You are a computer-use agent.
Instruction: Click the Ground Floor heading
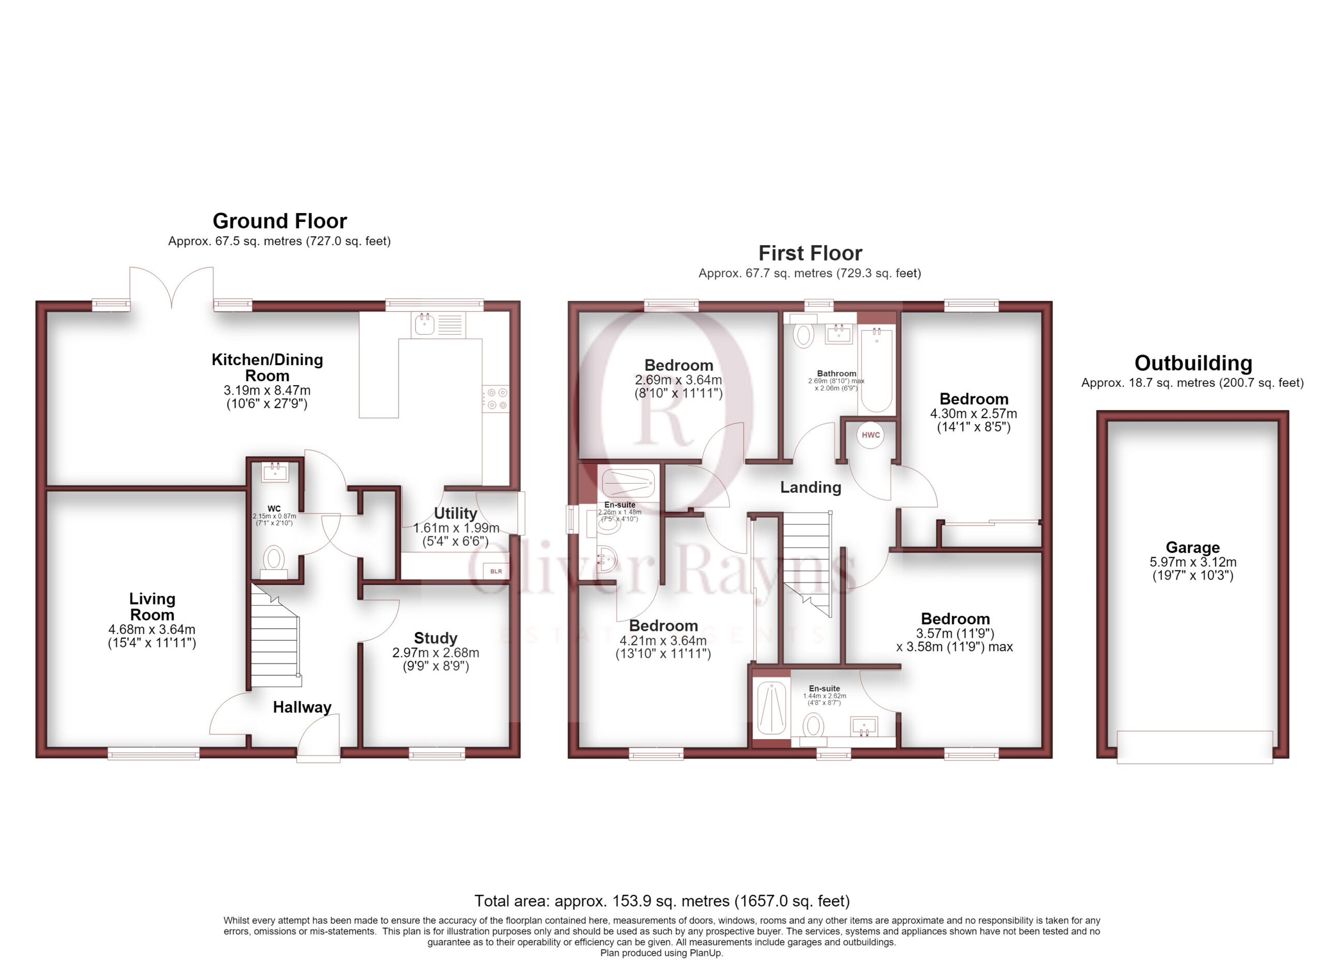pyautogui.click(x=280, y=221)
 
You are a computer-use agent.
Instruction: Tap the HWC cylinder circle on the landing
pyautogui.click(x=870, y=435)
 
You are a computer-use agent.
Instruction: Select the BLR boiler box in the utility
pyautogui.click(x=495, y=571)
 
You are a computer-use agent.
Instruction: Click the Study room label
pyautogui.click(x=435, y=638)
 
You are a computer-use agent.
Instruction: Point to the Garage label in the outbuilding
pyautogui.click(x=1193, y=548)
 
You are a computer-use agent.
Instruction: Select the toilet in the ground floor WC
pyautogui.click(x=273, y=562)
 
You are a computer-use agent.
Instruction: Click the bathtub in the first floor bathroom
pyautogui.click(x=876, y=370)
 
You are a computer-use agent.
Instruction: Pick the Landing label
pyautogui.click(x=811, y=487)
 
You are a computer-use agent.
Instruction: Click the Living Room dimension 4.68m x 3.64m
pyautogui.click(x=152, y=630)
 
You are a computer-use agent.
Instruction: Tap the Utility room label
pyautogui.click(x=455, y=513)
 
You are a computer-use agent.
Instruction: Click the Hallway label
pyautogui.click(x=302, y=708)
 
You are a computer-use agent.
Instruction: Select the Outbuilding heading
pyautogui.click(x=1193, y=363)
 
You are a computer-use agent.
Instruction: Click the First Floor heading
pyautogui.click(x=810, y=253)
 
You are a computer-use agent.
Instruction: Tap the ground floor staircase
pyautogui.click(x=276, y=637)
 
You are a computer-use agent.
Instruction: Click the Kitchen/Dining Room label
pyautogui.click(x=267, y=368)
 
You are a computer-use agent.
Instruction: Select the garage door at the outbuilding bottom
pyautogui.click(x=1194, y=747)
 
